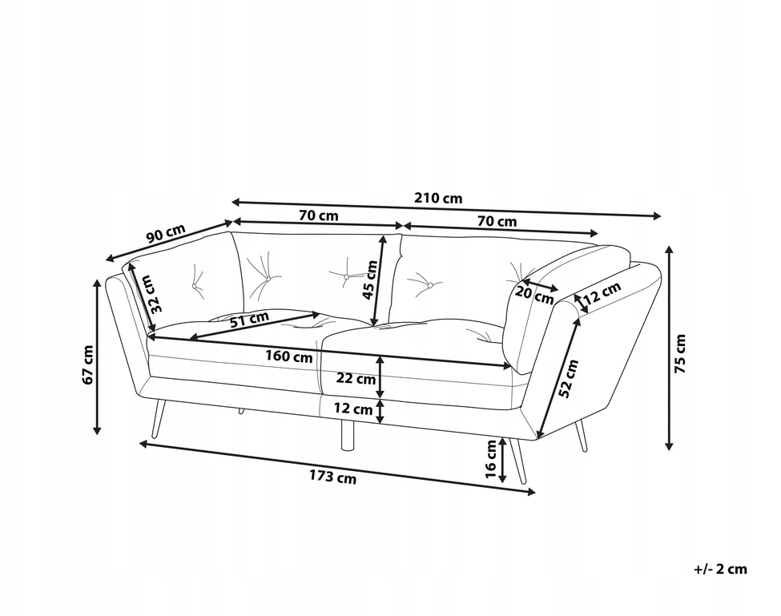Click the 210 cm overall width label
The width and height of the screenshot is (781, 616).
[x=438, y=198]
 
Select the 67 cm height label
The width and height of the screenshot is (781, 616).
[x=87, y=364]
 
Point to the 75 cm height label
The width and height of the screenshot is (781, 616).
[x=679, y=353]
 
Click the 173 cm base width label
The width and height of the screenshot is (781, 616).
[x=333, y=477]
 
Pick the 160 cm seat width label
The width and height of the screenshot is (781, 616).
[x=289, y=356]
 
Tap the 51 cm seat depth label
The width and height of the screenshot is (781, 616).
[x=249, y=318]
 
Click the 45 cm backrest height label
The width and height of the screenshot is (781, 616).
[x=370, y=280]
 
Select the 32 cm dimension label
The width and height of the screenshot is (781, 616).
[x=155, y=294]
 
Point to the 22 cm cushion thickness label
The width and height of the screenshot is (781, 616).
[x=356, y=378]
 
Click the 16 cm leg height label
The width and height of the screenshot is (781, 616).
[x=490, y=460]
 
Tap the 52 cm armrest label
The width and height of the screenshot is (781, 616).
[x=568, y=378]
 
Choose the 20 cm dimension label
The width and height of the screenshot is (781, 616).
[x=534, y=294]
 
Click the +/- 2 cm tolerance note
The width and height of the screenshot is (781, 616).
[x=720, y=569]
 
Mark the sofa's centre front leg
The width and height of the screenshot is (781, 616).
[x=347, y=434]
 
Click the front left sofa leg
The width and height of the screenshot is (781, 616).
[x=158, y=418]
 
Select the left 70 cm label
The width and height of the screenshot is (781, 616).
[x=318, y=215]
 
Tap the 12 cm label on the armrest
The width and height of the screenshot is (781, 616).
[x=602, y=293]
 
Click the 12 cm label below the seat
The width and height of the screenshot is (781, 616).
[x=353, y=409]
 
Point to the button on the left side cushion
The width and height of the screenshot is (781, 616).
[x=194, y=285]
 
